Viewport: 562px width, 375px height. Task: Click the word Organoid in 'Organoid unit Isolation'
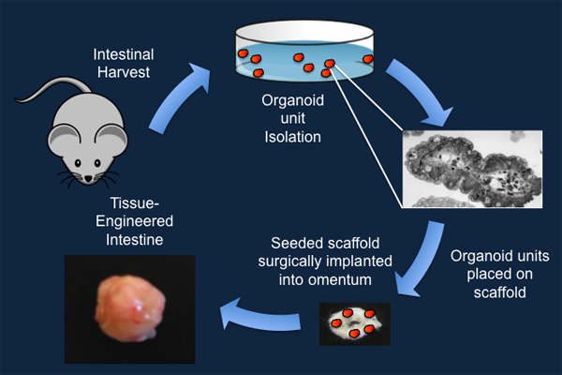(x=294, y=103)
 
